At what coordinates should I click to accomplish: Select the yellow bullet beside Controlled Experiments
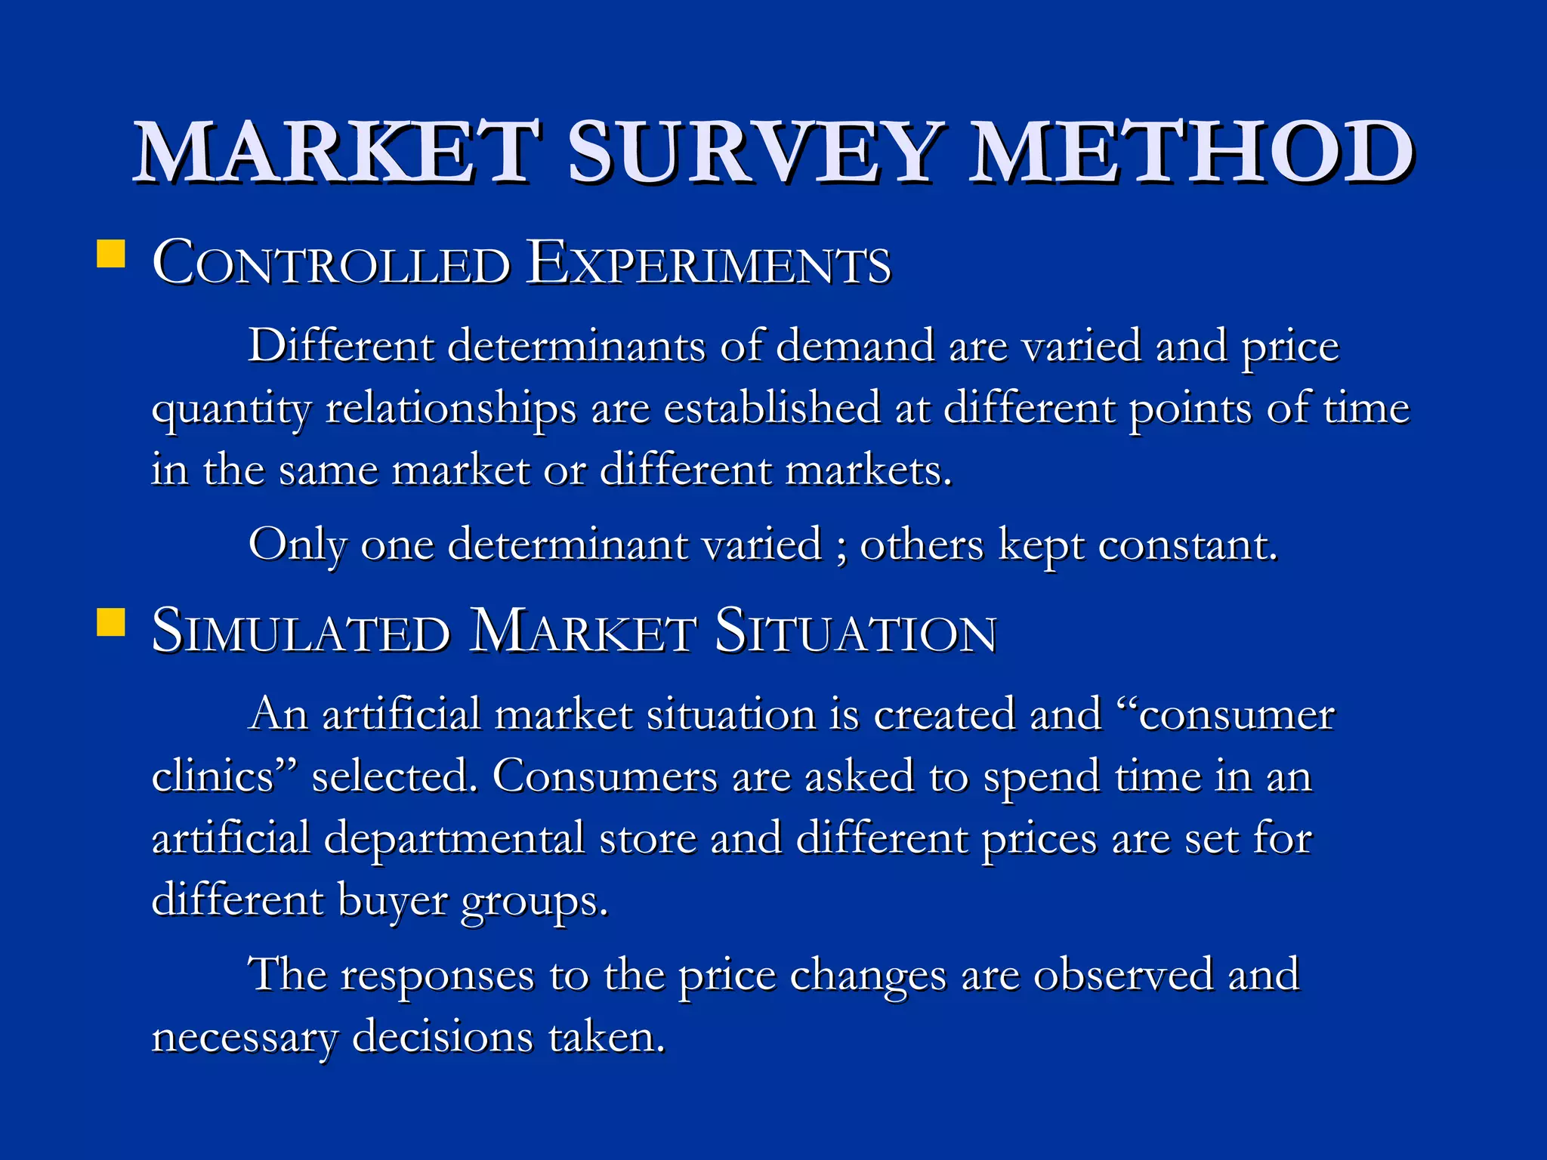tap(111, 255)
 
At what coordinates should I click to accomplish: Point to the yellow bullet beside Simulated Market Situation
tap(111, 623)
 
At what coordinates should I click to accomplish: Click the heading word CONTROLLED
tap(331, 264)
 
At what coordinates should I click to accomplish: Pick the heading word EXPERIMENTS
tap(709, 264)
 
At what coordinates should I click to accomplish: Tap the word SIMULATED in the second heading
tap(301, 632)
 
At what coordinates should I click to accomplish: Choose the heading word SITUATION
tap(855, 632)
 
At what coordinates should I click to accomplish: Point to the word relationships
tap(450, 410)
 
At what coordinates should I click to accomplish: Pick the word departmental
tap(454, 840)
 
